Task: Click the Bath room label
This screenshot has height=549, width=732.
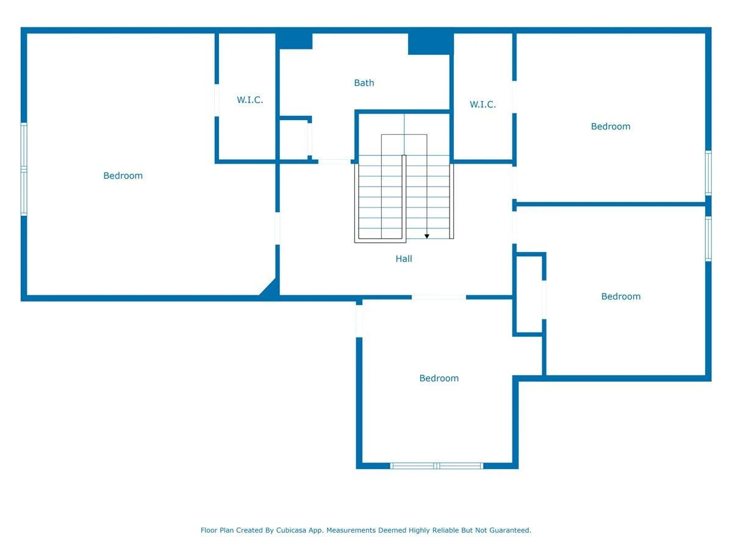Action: click(364, 83)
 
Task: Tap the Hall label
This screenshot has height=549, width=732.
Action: click(404, 259)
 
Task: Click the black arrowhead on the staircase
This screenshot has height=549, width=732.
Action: click(426, 236)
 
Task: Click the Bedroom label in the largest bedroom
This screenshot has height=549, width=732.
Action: click(123, 176)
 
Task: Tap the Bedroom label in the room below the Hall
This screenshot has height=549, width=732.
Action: click(439, 378)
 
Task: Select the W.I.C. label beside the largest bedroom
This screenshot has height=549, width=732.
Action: click(249, 99)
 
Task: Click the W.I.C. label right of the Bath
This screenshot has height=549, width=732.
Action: click(483, 104)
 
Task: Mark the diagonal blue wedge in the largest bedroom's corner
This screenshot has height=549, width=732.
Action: click(271, 289)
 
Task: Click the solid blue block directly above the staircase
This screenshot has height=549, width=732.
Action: click(431, 44)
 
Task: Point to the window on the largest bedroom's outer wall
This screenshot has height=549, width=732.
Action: click(24, 169)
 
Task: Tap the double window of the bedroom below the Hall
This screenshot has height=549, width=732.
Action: click(436, 465)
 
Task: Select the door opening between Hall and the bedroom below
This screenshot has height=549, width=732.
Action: click(439, 297)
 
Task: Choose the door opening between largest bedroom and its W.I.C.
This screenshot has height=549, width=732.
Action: click(217, 100)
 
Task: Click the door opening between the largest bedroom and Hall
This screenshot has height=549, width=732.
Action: click(278, 228)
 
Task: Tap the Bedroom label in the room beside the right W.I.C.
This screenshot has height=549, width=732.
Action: click(610, 126)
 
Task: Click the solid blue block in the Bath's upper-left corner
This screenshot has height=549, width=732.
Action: click(294, 41)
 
